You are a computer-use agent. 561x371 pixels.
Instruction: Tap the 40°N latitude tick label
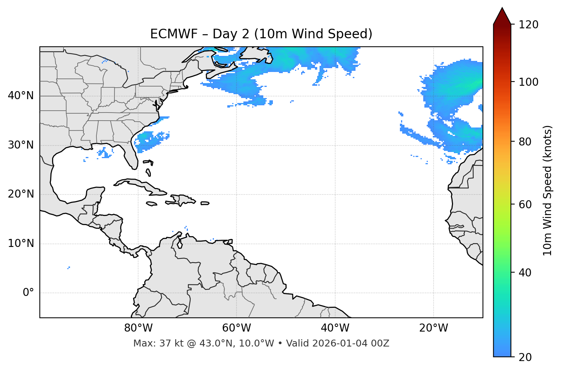tap(21, 95)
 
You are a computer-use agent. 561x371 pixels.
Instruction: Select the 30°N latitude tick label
tap(21, 145)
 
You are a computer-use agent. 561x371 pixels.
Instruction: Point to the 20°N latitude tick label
tap(21, 194)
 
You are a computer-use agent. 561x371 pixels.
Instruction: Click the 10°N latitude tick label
tap(21, 244)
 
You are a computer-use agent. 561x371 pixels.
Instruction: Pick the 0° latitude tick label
tap(28, 293)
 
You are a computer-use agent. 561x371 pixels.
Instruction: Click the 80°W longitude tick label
tap(138, 328)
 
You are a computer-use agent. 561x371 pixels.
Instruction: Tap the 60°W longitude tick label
tap(236, 328)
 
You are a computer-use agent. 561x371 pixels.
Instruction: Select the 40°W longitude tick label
tap(335, 328)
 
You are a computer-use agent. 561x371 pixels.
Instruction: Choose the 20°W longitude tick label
tap(434, 328)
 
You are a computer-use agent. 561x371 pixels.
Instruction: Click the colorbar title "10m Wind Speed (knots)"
tap(548, 190)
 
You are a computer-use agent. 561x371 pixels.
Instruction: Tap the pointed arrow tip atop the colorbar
tap(502, 9)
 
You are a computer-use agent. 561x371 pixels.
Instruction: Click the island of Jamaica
tap(152, 204)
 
